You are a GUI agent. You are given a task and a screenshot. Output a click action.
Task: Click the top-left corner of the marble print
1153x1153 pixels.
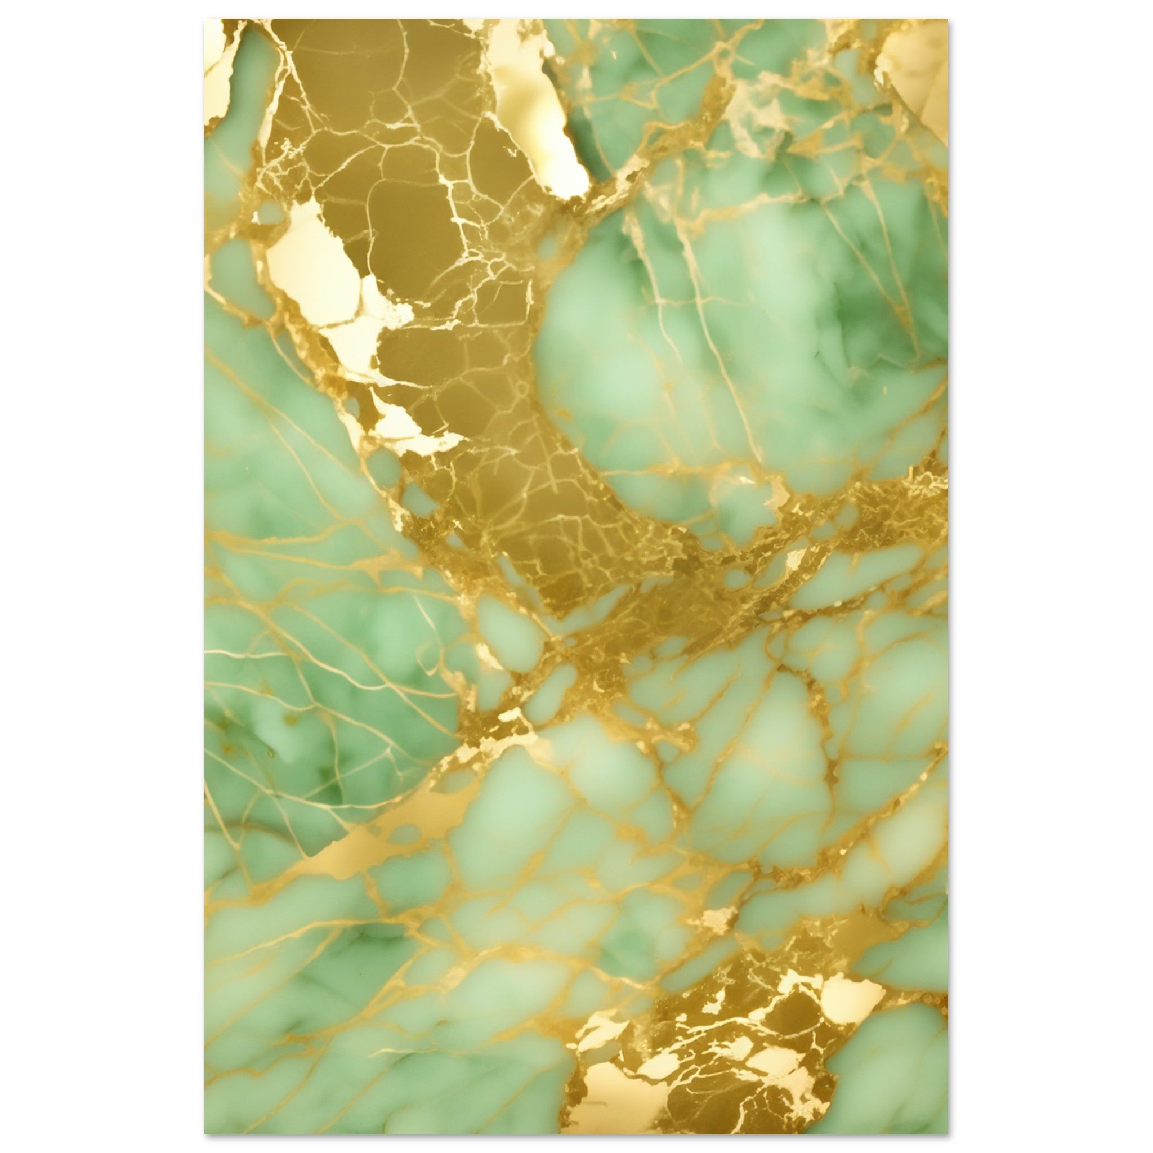(205, 20)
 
